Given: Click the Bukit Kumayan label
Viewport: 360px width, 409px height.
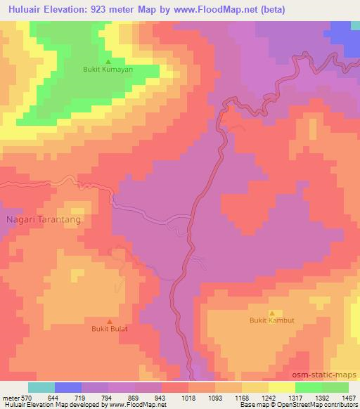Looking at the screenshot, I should click(x=108, y=70).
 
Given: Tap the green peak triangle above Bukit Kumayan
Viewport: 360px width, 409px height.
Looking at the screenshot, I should click(x=108, y=61).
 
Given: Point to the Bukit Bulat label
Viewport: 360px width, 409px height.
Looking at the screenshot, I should click(x=109, y=328).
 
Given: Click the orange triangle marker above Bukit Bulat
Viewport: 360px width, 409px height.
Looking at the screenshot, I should click(x=109, y=320).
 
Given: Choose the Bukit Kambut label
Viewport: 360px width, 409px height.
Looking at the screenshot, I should click(x=272, y=320).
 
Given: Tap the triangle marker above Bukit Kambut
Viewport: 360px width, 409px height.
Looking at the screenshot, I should click(x=272, y=312).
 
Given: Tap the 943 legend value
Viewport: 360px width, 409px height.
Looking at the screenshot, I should click(x=162, y=397).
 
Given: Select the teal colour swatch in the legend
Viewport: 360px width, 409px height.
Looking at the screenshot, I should click(x=41, y=387).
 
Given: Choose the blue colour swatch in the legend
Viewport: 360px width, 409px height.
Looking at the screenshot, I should click(x=68, y=387).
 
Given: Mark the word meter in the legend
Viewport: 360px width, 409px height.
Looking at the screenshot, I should click(x=10, y=397).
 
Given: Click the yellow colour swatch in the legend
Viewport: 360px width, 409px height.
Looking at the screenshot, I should click(x=255, y=387).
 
